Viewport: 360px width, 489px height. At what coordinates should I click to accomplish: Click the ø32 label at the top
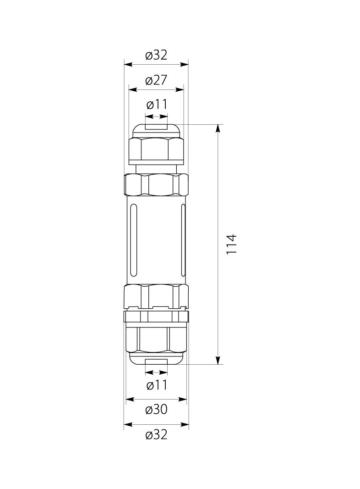click(156, 56)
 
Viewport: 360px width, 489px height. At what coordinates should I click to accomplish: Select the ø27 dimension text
click(156, 81)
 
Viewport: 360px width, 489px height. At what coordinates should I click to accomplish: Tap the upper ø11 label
click(157, 105)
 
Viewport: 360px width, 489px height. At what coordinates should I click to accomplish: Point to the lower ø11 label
click(157, 385)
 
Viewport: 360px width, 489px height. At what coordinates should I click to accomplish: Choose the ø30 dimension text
click(156, 409)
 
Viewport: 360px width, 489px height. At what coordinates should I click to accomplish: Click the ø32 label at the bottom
click(156, 434)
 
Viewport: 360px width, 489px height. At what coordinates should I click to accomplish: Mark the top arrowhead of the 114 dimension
click(218, 128)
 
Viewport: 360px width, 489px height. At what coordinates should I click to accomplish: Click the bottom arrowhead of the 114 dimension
click(218, 361)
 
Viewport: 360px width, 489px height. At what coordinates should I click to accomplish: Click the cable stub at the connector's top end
click(156, 127)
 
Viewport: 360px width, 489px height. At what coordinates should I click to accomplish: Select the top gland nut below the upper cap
click(156, 149)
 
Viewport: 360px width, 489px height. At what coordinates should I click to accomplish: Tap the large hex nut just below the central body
click(156, 295)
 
